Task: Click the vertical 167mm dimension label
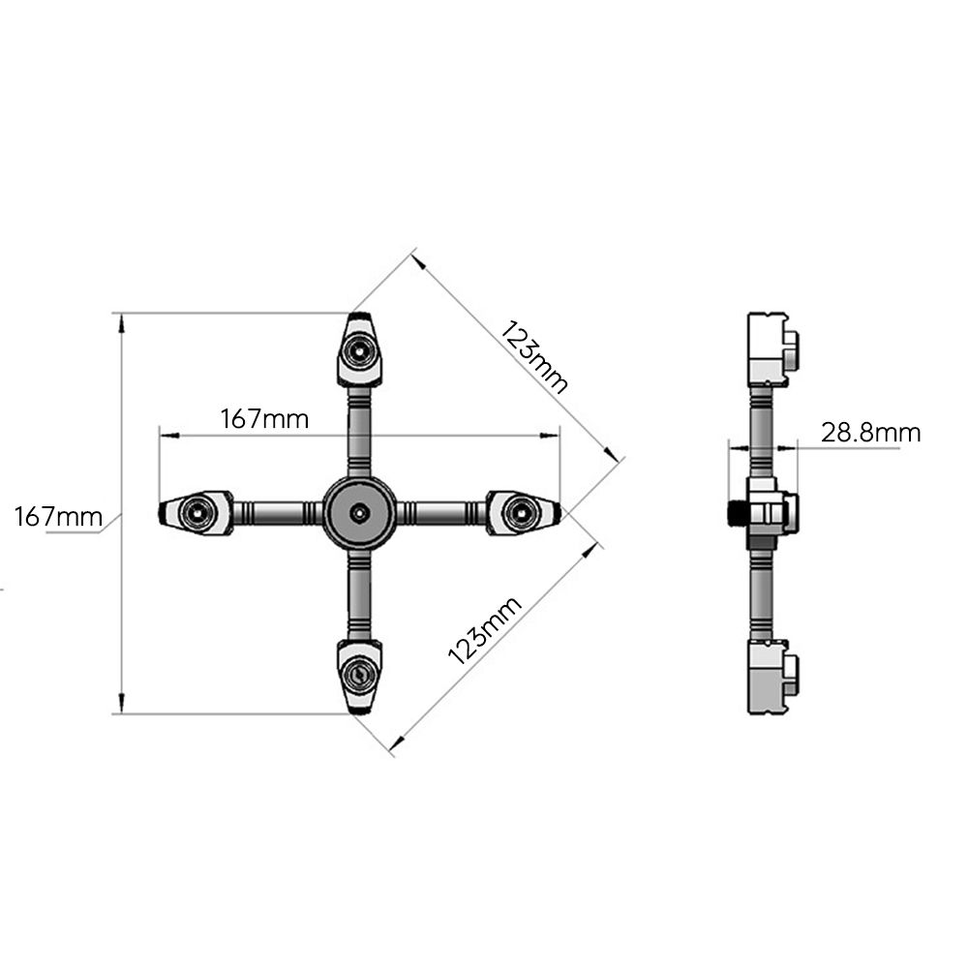[58, 516]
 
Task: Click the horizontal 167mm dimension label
[265, 419]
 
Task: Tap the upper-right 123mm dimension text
[533, 357]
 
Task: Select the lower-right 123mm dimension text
[485, 630]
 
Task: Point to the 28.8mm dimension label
[870, 432]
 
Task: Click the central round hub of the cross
[359, 512]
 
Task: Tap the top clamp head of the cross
[360, 349]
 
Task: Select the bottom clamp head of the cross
[359, 677]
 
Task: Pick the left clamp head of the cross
[197, 512]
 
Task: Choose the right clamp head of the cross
[523, 512]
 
